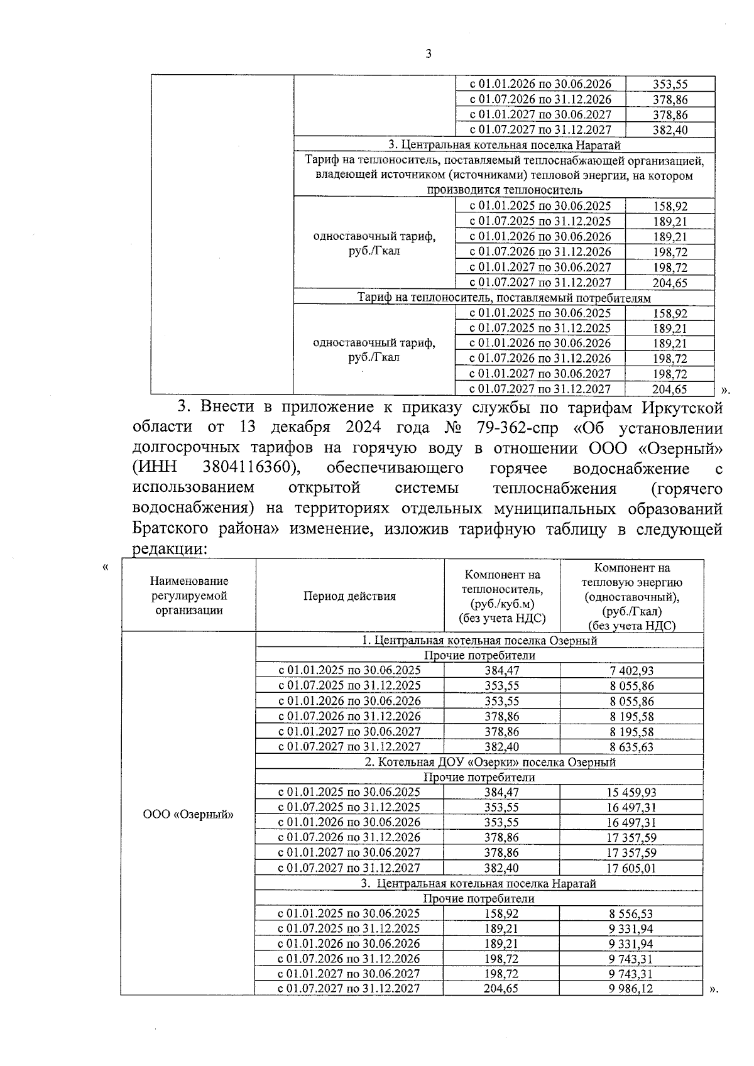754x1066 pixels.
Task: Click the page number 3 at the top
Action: coord(429,54)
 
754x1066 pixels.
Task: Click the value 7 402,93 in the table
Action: coord(631,671)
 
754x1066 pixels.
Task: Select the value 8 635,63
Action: coord(631,747)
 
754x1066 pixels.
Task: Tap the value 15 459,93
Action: coord(631,793)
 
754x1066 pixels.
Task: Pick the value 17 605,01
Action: coord(631,868)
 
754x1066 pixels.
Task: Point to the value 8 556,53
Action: coord(631,914)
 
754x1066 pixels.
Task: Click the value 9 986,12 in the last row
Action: coord(631,989)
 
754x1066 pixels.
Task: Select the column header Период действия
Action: coord(349,596)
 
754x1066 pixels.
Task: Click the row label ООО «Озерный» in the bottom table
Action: coord(188,815)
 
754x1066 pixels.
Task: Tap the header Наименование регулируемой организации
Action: coord(188,596)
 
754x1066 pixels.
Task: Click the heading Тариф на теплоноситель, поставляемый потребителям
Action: coord(504,298)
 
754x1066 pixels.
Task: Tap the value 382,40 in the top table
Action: coord(670,130)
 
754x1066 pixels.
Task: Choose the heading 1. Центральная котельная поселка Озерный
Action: coord(479,640)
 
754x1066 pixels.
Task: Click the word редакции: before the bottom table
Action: coord(169,548)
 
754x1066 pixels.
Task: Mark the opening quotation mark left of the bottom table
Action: coord(105,568)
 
